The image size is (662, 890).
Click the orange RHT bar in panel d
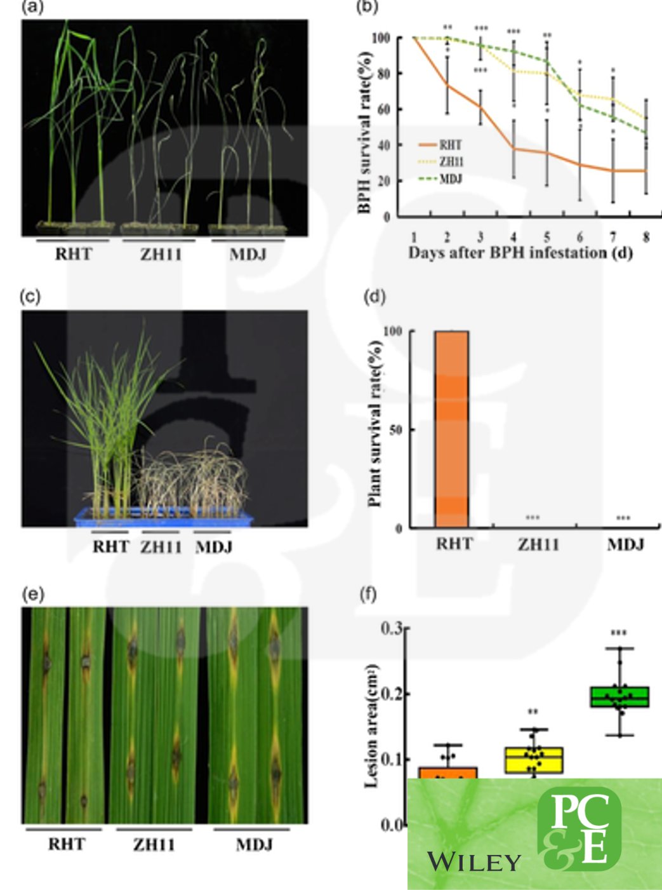click(x=451, y=429)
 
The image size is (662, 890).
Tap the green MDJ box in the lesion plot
click(x=619, y=697)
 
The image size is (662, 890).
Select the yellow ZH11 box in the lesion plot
click(x=534, y=760)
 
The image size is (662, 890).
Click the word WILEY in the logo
click(x=473, y=862)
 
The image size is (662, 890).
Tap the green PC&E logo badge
click(x=579, y=829)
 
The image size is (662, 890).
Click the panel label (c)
click(x=30, y=296)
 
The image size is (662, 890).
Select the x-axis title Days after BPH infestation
click(x=520, y=253)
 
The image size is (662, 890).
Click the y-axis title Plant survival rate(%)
click(x=375, y=424)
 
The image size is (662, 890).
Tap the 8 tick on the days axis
click(x=646, y=237)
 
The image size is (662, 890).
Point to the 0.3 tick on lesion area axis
click(x=391, y=628)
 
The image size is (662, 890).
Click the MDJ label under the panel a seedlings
click(x=248, y=255)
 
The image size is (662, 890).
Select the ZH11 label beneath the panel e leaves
click(x=154, y=845)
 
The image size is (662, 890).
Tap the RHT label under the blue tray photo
click(x=110, y=546)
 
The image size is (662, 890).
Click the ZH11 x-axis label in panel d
click(x=538, y=544)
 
